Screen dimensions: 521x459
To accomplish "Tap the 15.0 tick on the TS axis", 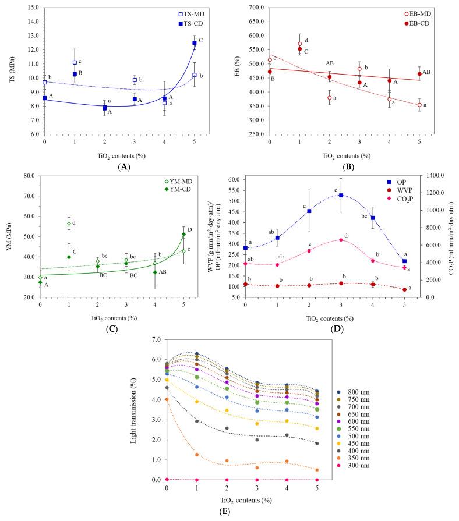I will tap(31, 8).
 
